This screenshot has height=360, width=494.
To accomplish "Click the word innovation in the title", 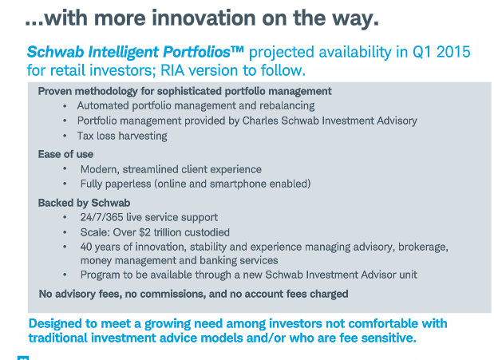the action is coord(204,18).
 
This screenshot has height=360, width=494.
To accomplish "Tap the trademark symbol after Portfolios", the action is coord(237,49).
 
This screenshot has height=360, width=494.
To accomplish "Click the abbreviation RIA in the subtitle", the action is coord(172,70).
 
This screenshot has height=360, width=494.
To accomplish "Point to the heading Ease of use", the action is coord(65,154).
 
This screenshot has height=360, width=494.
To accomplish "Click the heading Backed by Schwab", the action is coord(84,203).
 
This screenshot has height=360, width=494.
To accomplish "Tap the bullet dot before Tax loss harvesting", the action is coord(65,136).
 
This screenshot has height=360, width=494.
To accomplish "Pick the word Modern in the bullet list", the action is coord(100,169).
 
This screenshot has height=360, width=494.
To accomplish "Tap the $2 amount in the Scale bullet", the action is coord(145,232).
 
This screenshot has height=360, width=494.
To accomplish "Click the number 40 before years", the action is coord(86,247).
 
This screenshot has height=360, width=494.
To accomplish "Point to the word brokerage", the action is coord(423,247).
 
